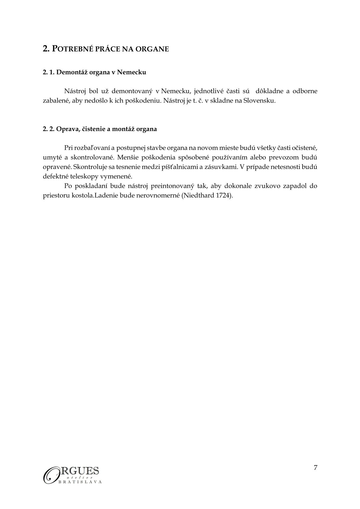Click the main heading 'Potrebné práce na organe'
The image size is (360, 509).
tap(106, 49)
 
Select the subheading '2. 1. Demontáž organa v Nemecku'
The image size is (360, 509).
tap(94, 72)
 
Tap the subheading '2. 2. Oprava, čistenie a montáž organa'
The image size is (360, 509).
tap(100, 129)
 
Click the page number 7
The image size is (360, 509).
tap(316, 467)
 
